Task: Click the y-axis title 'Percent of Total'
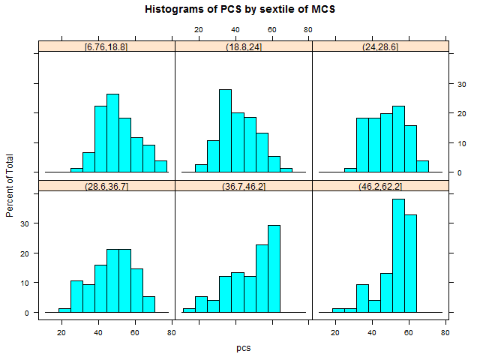click(x=10, y=180)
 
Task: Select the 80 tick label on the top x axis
click(x=308, y=30)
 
